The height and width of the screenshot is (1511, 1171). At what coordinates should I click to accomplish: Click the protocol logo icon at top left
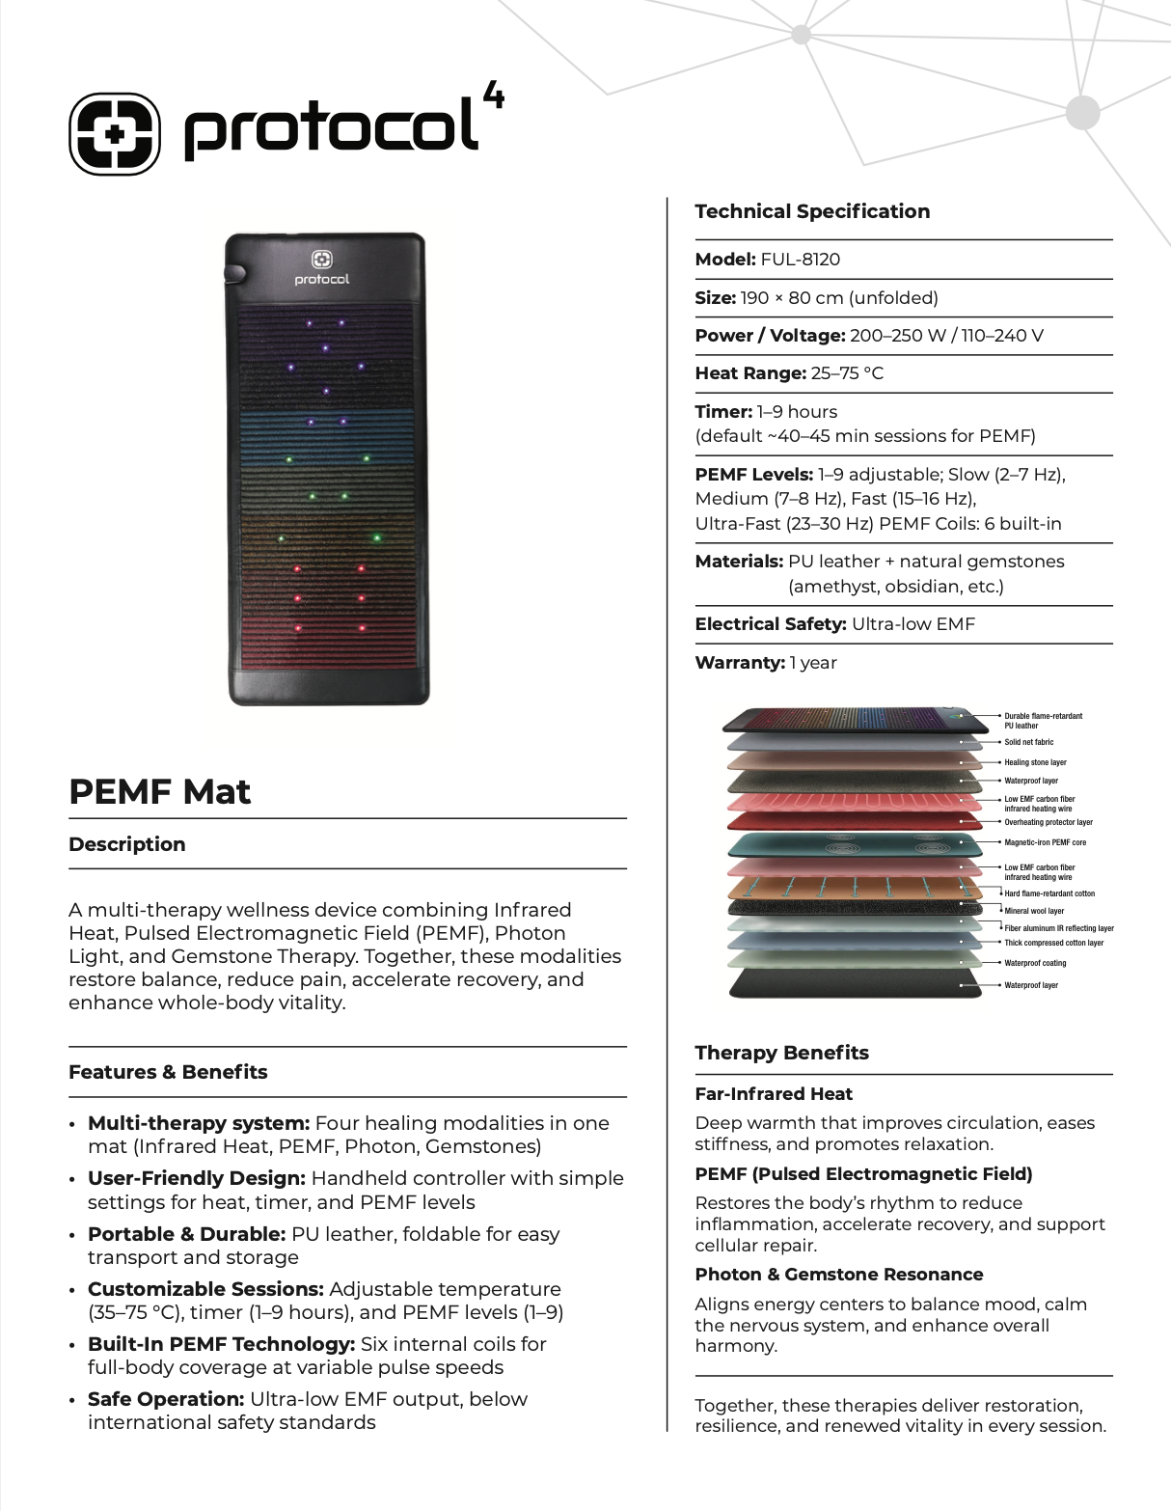pyautogui.click(x=115, y=133)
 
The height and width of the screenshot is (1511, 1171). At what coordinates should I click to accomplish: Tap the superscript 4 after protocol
pyautogui.click(x=493, y=96)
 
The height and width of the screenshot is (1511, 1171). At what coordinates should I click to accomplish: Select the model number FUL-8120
pyautogui.click(x=800, y=260)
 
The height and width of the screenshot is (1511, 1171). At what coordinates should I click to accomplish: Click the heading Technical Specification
pyautogui.click(x=812, y=211)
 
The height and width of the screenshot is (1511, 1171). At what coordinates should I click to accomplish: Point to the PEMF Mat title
pyautogui.click(x=159, y=791)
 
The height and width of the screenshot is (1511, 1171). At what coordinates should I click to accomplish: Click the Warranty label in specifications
pyautogui.click(x=740, y=663)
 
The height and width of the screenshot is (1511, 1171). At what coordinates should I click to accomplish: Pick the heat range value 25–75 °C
pyautogui.click(x=847, y=373)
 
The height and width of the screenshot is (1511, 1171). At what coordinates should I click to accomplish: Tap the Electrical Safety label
pyautogui.click(x=771, y=624)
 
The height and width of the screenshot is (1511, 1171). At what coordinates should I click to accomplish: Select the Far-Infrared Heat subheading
pyautogui.click(x=774, y=1094)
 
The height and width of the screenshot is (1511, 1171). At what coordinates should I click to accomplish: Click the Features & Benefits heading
pyautogui.click(x=168, y=1072)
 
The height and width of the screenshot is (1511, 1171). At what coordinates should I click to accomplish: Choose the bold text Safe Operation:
pyautogui.click(x=166, y=1399)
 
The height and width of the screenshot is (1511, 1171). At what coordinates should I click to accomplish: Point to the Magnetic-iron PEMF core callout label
pyautogui.click(x=1045, y=842)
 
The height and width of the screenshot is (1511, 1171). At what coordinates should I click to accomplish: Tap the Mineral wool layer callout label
pyautogui.click(x=1034, y=911)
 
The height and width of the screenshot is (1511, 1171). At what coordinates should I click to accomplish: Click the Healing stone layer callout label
pyautogui.click(x=1035, y=762)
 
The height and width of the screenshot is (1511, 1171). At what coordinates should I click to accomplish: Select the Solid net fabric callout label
pyautogui.click(x=1028, y=742)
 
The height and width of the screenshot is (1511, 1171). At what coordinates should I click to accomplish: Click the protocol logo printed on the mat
pyautogui.click(x=322, y=268)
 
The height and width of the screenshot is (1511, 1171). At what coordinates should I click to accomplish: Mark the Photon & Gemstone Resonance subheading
pyautogui.click(x=839, y=1275)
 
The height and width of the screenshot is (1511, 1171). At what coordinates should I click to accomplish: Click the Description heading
pyautogui.click(x=127, y=844)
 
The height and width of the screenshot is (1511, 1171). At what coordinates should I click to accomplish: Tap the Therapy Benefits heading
pyautogui.click(x=781, y=1053)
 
